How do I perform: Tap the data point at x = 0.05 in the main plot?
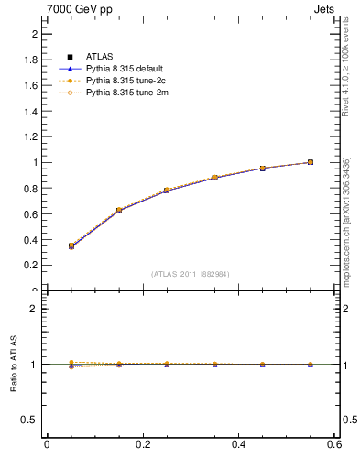tap(71, 245)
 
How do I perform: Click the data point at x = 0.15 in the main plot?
tap(119, 210)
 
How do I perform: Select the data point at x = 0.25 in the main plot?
tap(167, 190)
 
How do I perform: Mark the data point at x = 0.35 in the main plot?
tap(214, 177)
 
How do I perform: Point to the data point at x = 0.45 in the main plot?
tap(262, 168)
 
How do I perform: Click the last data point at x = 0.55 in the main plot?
tap(311, 162)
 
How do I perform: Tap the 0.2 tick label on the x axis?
tap(142, 444)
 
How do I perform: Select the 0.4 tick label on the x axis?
tap(238, 444)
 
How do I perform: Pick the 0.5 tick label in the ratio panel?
tap(30, 420)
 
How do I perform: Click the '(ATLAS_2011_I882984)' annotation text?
tap(191, 274)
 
